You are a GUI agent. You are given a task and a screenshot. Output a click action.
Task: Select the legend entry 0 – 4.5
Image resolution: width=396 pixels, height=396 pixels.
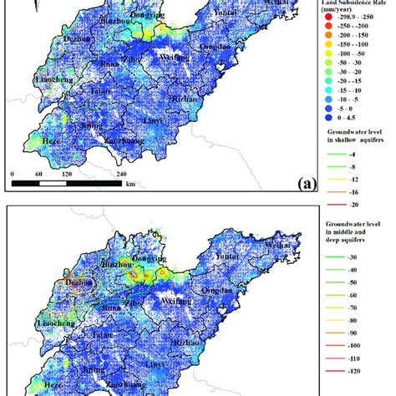pos(350,155)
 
